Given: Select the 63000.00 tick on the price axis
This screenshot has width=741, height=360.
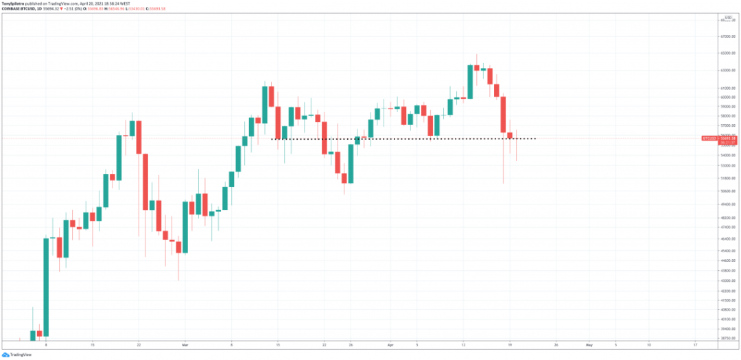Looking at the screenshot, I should pos(728,70).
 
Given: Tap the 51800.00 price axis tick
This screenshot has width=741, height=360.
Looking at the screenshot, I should pos(728,175).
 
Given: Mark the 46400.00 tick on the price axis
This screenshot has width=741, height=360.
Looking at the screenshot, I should pos(728,239).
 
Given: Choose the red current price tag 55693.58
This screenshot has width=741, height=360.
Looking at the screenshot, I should pos(730,139).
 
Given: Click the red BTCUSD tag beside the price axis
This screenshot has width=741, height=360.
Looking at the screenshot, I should pos(709,139).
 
